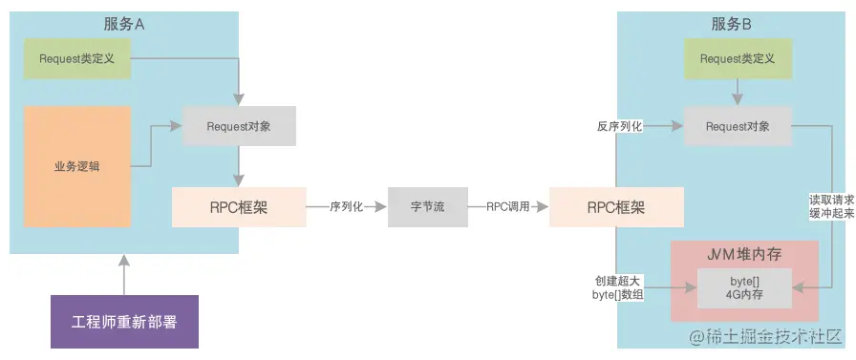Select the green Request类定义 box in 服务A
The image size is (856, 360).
(x=77, y=59)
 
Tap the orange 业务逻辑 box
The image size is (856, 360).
(x=77, y=167)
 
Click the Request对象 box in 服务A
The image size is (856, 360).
(x=239, y=126)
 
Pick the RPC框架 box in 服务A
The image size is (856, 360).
(x=239, y=207)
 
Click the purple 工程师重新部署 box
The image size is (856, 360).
(x=125, y=322)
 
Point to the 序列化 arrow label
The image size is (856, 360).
(x=346, y=206)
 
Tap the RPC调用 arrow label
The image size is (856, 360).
(x=508, y=206)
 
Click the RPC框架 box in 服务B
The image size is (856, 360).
(x=616, y=207)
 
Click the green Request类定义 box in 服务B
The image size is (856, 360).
(x=738, y=59)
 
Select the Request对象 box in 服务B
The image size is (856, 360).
(x=738, y=126)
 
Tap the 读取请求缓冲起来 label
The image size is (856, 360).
(x=832, y=207)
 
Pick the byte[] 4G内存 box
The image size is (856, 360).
(x=744, y=287)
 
